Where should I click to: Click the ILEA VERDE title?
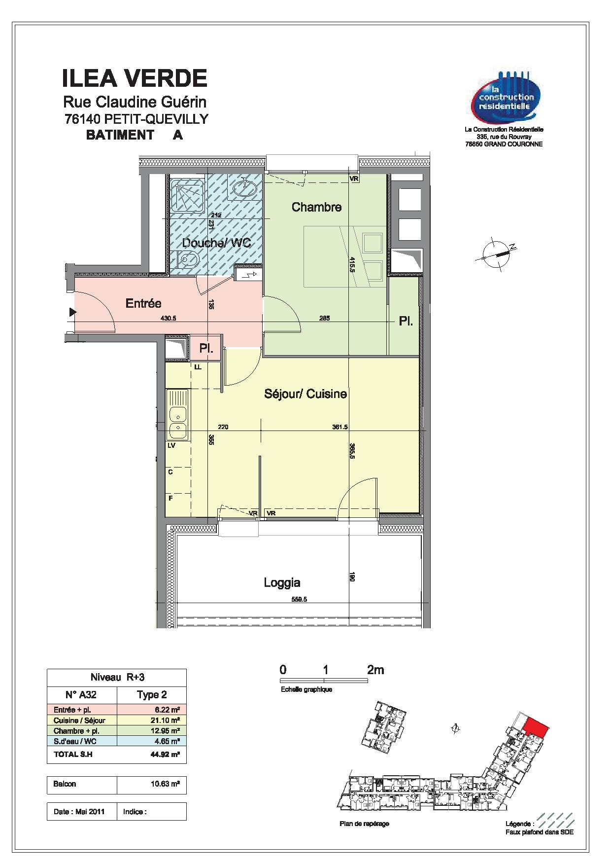[134, 78]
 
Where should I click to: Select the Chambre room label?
[316, 207]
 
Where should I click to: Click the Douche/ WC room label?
[216, 243]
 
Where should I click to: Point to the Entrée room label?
[143, 303]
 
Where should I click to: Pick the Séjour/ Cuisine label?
[305, 394]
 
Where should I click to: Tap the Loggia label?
[282, 583]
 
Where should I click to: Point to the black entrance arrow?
[73, 312]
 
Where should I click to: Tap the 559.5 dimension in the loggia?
[299, 600]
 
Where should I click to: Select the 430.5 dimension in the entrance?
[168, 319]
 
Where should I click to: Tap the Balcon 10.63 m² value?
[165, 784]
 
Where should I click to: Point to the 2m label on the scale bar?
[375, 670]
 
